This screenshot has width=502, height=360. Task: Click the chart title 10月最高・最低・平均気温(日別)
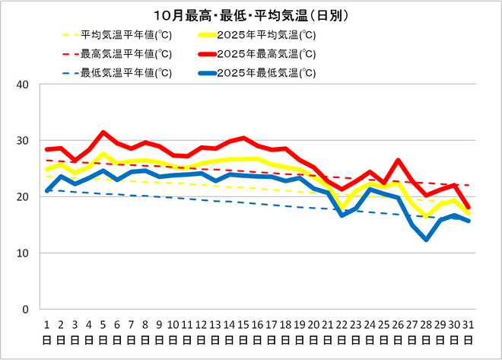251,15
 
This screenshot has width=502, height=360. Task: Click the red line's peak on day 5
103,132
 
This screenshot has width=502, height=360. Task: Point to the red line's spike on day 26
398,161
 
